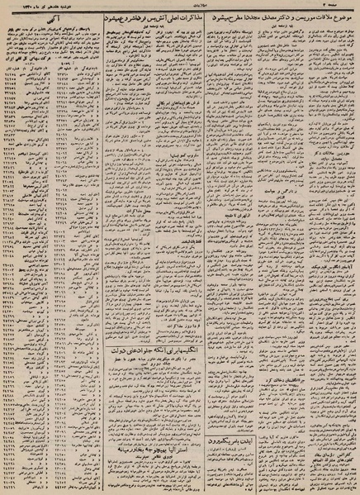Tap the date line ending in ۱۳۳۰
click(33, 5)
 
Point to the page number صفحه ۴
click(343, 5)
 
